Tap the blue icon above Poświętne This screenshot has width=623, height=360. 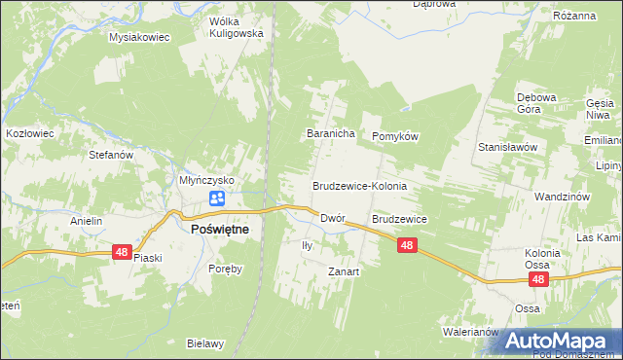216,199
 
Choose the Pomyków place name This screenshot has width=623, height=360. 395,137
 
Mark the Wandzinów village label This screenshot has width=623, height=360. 563,197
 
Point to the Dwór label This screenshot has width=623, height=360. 334,220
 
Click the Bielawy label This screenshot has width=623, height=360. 205,343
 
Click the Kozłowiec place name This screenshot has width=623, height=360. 28,130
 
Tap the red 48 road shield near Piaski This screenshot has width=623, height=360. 121,252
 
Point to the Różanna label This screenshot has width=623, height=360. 601,16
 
